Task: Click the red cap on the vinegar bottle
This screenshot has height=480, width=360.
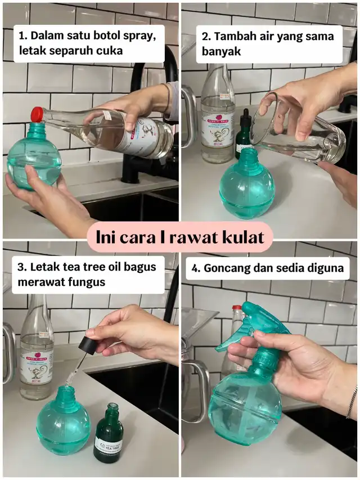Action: click(x=37, y=114)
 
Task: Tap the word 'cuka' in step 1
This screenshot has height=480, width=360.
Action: click(x=110, y=51)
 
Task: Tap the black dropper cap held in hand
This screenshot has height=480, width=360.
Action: click(x=88, y=343)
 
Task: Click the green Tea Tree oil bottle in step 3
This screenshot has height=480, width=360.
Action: click(x=109, y=433)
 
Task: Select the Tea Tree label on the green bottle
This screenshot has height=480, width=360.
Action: click(x=108, y=444)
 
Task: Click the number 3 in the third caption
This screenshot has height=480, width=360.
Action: click(x=21, y=267)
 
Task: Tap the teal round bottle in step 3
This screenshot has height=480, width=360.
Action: click(x=64, y=419)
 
